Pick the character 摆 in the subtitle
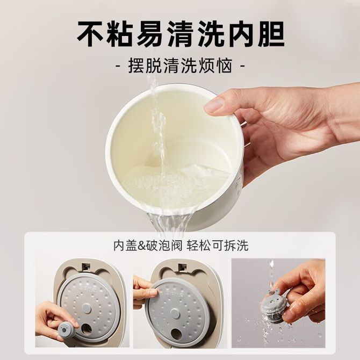(x=136, y=66)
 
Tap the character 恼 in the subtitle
(x=224, y=66)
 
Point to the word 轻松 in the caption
(x=198, y=246)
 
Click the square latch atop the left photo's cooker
(x=87, y=267)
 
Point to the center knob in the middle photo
(x=175, y=313)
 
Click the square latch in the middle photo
(x=183, y=267)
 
